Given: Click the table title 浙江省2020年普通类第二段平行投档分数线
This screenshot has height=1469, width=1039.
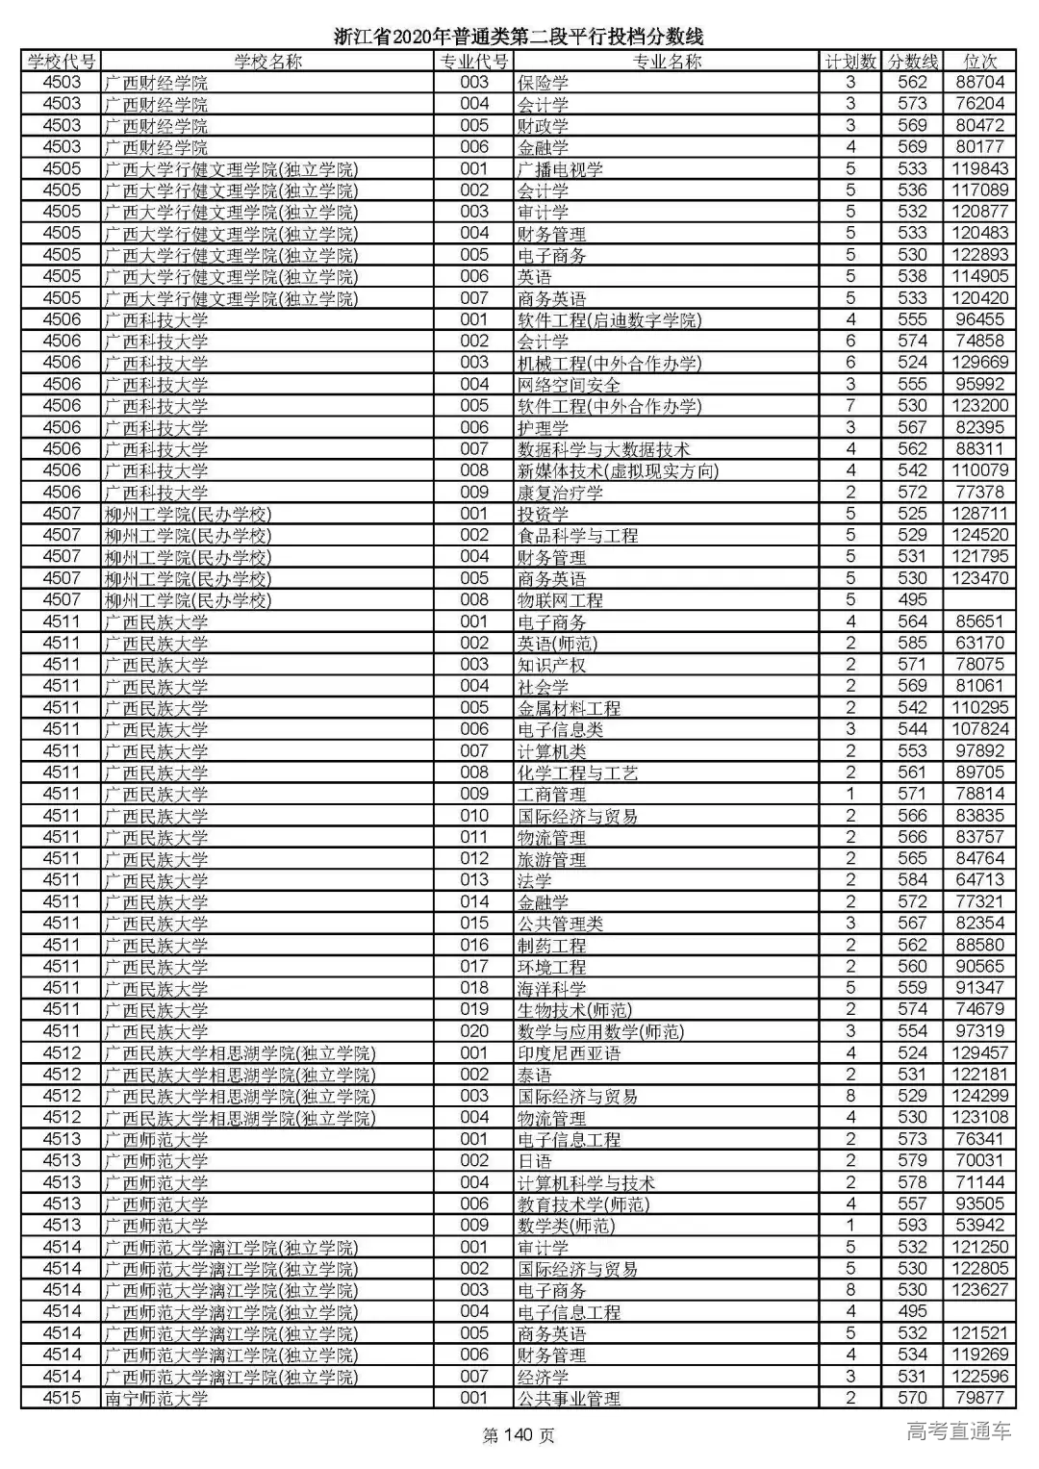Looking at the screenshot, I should coord(519,37).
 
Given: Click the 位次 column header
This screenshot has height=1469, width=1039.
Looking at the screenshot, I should coord(979,62).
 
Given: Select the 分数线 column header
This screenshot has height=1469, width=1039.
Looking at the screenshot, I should coord(912,62).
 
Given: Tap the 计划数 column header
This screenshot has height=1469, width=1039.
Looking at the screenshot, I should coord(850,62).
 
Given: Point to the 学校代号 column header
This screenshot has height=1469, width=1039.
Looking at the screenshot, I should coord(62,62).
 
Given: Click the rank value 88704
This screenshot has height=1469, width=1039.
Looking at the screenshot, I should coord(979,83).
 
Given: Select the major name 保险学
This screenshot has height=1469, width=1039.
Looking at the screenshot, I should coord(543,83).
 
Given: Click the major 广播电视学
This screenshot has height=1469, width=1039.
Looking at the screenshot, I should coord(560,169).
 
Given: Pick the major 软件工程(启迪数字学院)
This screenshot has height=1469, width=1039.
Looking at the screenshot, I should coord(609,319).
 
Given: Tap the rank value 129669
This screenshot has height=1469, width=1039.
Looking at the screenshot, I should coord(979,363).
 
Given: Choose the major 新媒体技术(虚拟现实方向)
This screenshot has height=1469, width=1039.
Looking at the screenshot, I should coord(618,470).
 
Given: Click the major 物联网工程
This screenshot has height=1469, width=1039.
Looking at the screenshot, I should coord(560,600).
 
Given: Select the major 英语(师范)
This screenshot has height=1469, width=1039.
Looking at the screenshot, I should coord(557,644).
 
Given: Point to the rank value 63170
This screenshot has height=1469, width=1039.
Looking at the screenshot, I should coord(979,644).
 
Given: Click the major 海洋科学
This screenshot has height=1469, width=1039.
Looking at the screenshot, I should coord(551,988).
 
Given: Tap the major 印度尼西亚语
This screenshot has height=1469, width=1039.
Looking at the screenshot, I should coord(569,1053).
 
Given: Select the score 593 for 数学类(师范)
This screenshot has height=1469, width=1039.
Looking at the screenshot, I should coord(912,1226).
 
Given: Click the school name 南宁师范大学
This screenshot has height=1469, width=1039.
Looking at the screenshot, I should coord(156,1398).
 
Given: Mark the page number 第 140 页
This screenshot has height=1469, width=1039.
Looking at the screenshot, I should coord(519,1436).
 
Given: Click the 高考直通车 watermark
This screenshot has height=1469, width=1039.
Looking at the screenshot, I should coord(958,1431).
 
